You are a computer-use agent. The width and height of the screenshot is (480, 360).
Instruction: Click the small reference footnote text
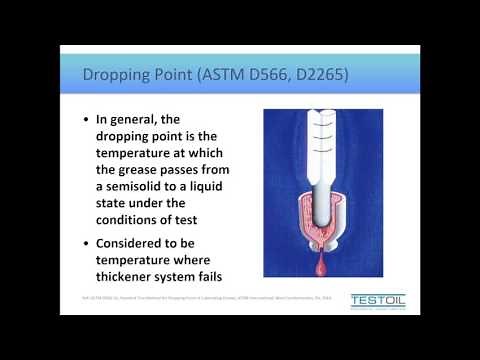(x=199, y=297)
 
